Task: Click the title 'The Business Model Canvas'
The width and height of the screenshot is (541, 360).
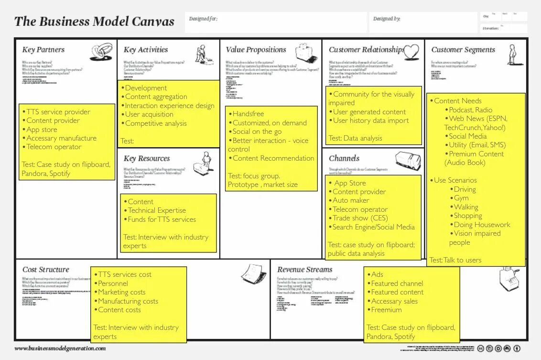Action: pyautogui.click(x=94, y=22)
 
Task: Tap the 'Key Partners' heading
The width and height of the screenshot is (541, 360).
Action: pyautogui.click(x=43, y=50)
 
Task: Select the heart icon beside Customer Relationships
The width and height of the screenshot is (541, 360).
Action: pyautogui.click(x=411, y=51)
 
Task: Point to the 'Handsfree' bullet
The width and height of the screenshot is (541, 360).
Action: pyautogui.click(x=248, y=114)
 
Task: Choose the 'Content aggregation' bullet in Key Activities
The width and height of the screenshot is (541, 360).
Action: pyautogui.click(x=156, y=97)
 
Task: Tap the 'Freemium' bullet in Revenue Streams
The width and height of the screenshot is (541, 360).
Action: pyautogui.click(x=386, y=310)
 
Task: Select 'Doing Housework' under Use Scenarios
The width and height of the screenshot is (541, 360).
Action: pyautogui.click(x=482, y=225)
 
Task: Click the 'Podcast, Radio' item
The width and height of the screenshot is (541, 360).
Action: pyautogui.click(x=470, y=109)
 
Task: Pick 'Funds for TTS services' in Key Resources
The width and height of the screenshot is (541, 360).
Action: pyautogui.click(x=162, y=219)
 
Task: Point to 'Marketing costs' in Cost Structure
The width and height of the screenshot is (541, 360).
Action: pyautogui.click(x=121, y=292)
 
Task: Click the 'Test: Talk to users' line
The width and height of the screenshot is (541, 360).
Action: pyautogui.click(x=455, y=260)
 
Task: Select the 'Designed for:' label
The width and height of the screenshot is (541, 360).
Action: pyautogui.click(x=203, y=19)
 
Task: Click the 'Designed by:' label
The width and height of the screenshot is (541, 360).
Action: pyautogui.click(x=387, y=19)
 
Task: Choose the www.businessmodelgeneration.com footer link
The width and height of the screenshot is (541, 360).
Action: pyautogui.click(x=60, y=349)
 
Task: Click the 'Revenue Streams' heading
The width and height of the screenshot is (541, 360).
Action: pyautogui.click(x=304, y=270)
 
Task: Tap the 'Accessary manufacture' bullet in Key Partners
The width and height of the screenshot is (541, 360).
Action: pyautogui.click(x=61, y=138)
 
